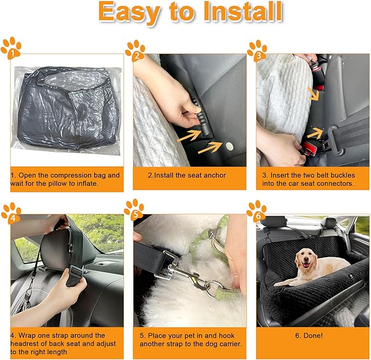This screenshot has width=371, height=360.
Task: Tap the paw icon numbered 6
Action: point(256,209)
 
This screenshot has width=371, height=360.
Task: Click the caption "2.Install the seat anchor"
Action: point(186,175)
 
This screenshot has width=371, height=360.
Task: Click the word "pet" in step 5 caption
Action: point(190,335)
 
